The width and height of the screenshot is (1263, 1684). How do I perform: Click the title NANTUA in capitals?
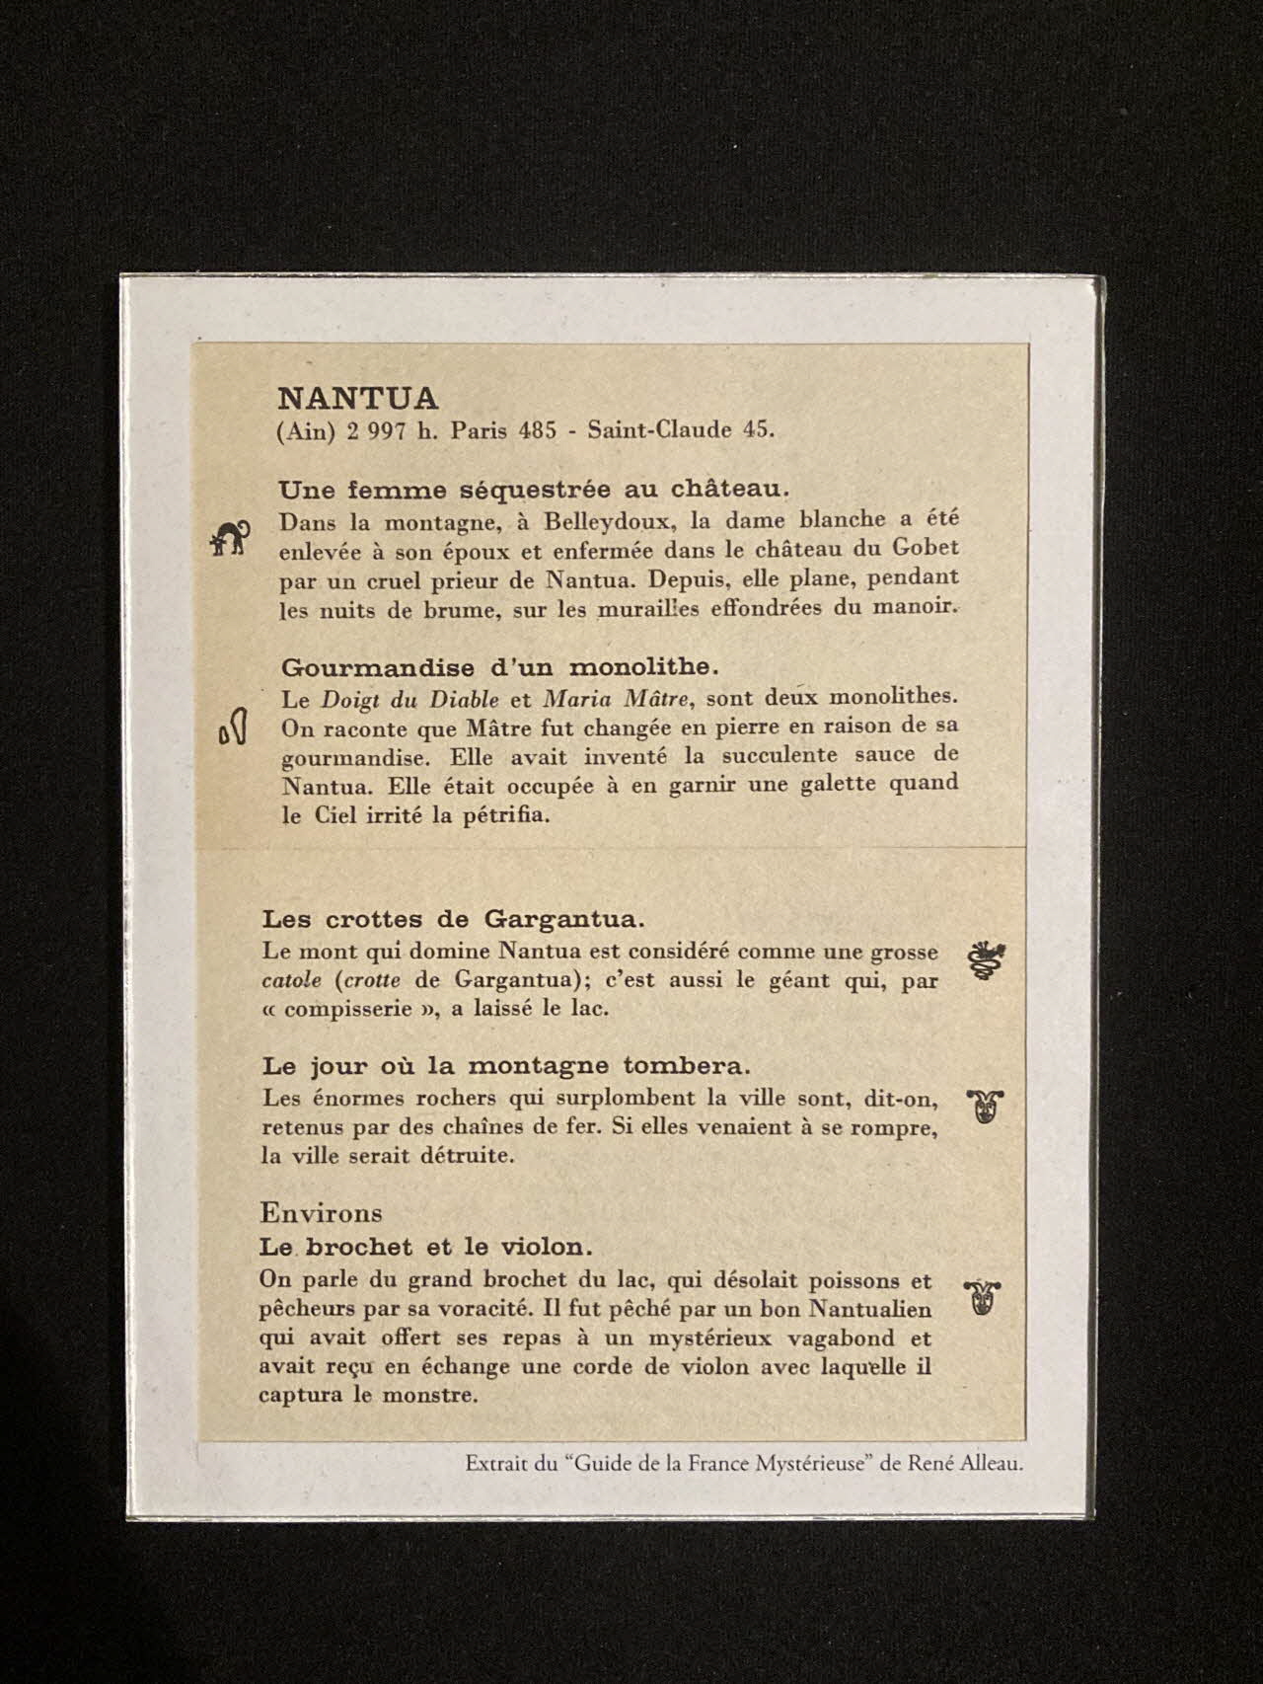click(x=357, y=398)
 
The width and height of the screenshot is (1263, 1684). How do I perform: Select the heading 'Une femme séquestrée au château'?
click(x=534, y=489)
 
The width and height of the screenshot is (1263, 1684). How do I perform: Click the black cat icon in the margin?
click(x=231, y=537)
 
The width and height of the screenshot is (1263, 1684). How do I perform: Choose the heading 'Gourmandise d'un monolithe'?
click(x=506, y=666)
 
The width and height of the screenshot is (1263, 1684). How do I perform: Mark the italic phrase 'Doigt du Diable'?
click(x=409, y=699)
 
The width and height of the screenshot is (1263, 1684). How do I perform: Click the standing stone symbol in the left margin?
click(x=233, y=728)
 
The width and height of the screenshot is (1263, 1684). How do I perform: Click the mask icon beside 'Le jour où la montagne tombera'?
click(x=984, y=1105)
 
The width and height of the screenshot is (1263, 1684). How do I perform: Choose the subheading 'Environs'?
click(x=321, y=1212)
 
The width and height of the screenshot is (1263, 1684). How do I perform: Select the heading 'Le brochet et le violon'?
click(x=426, y=1245)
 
